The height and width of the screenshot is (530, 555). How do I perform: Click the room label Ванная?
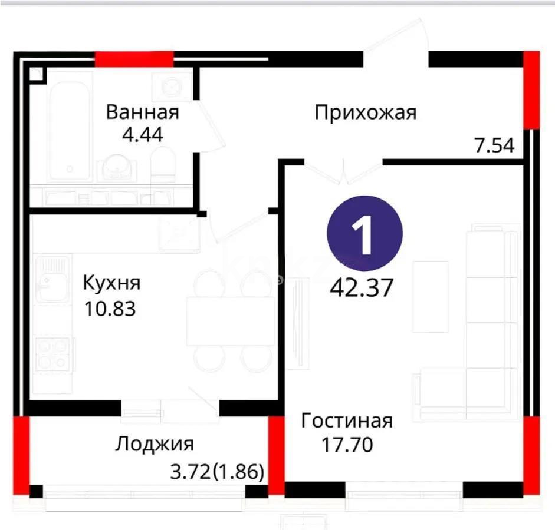click(x=142, y=112)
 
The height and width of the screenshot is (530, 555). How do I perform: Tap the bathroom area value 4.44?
click(x=142, y=134)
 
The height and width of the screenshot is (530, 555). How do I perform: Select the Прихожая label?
click(x=365, y=112)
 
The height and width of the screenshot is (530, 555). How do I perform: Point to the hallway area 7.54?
click(x=494, y=144)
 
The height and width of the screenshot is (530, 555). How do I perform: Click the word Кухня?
click(x=111, y=283)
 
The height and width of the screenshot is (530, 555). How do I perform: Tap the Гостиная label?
click(x=346, y=421)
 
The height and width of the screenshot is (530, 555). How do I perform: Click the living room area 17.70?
click(x=347, y=445)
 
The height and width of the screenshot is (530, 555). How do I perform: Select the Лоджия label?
click(x=154, y=443)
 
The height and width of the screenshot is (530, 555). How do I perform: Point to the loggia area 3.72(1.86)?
click(x=216, y=472)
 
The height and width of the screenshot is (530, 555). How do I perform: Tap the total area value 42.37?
click(x=362, y=289)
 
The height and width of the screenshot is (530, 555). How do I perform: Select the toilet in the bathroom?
click(x=163, y=165)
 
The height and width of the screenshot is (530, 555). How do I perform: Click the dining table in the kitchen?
click(x=230, y=321)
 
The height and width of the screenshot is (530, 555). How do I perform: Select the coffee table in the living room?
click(x=431, y=296)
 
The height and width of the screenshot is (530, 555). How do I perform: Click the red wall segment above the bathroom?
click(x=134, y=59)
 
